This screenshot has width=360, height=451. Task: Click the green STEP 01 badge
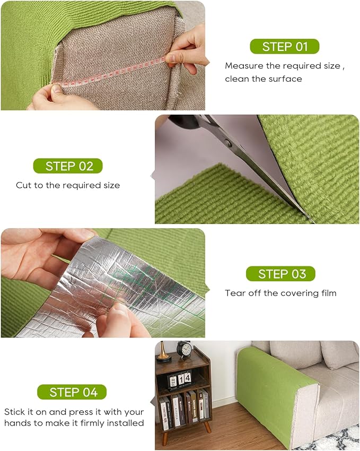(285, 46)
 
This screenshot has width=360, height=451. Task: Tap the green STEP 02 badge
(68, 166)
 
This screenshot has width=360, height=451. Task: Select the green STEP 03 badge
(280, 274)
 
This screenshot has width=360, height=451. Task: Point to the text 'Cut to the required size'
(68, 185)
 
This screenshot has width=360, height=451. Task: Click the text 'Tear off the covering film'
(280, 293)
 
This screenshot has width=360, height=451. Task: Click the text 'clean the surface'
(264, 79)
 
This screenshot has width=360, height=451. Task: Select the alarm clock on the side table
(184, 350)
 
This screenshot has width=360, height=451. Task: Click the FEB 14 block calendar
(178, 379)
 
